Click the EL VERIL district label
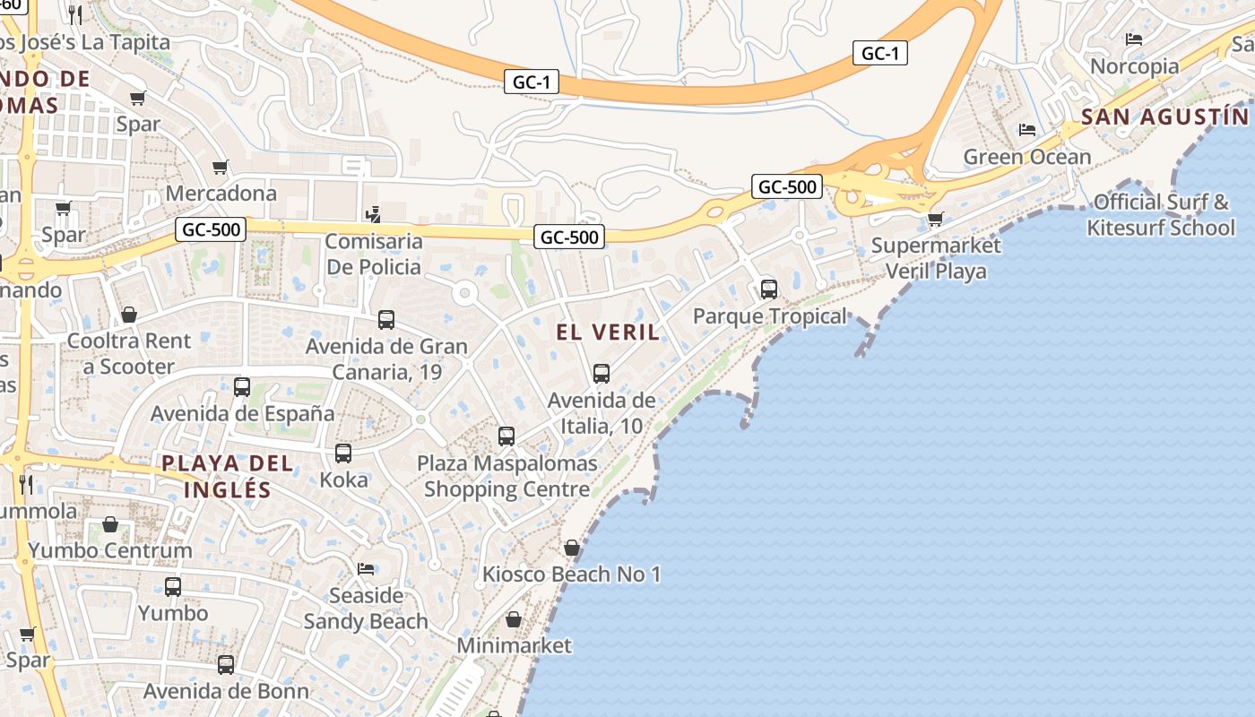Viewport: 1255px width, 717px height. [x=607, y=333]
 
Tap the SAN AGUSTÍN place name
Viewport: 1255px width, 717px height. [x=1164, y=117]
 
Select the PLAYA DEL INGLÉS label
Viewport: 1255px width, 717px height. [x=228, y=476]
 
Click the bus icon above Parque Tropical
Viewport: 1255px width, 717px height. [x=768, y=289]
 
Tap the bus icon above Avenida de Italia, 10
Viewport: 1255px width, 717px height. [x=601, y=374]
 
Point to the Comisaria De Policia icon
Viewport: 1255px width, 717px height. [x=373, y=215]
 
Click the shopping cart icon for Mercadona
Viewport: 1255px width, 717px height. [x=220, y=168]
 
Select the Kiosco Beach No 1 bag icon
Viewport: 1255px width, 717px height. [x=571, y=548]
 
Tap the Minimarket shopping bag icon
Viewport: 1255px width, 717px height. [x=514, y=619]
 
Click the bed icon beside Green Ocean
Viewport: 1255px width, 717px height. [x=1027, y=130]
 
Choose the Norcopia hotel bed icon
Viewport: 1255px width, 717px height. [x=1134, y=39]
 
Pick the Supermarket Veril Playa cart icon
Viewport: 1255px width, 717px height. [x=936, y=219]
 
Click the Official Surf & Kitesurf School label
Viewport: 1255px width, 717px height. [x=1160, y=214]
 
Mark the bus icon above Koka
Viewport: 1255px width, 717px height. [x=343, y=454]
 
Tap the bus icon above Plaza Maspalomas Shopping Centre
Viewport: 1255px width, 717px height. [x=506, y=436]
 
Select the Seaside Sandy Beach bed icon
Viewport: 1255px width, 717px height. [x=366, y=569]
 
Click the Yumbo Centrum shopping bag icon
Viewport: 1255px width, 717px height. [x=110, y=524]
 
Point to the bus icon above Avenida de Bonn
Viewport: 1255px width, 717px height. [x=226, y=665]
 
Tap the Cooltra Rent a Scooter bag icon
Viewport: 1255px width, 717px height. [x=129, y=315]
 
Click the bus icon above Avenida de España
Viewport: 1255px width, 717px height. [x=242, y=387]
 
